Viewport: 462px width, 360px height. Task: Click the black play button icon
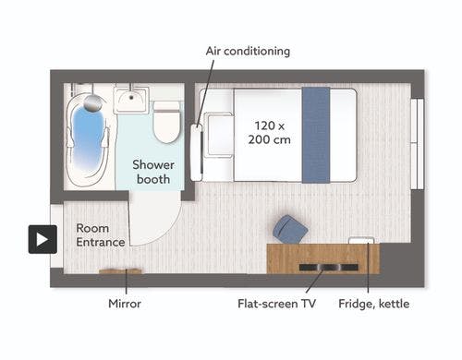43,239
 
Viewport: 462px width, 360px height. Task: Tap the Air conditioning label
248,51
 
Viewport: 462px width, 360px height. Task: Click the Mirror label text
125,304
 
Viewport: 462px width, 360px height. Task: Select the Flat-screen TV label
276,304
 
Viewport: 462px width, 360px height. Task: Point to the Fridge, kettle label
374,304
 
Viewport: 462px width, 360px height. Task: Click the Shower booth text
153,172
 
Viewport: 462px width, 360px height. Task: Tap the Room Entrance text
101,235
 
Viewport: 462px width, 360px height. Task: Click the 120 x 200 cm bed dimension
270,133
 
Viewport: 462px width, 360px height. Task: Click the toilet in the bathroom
166,122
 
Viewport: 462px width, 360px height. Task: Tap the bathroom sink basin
131,99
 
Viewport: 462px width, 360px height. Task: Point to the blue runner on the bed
316,135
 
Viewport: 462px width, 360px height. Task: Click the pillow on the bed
220,135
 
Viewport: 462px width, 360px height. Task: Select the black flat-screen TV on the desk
329,267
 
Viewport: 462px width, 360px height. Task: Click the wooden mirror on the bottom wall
121,271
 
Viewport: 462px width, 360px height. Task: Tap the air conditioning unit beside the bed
197,152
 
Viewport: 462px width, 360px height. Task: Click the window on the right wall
418,144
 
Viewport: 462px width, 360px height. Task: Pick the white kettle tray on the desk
361,240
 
